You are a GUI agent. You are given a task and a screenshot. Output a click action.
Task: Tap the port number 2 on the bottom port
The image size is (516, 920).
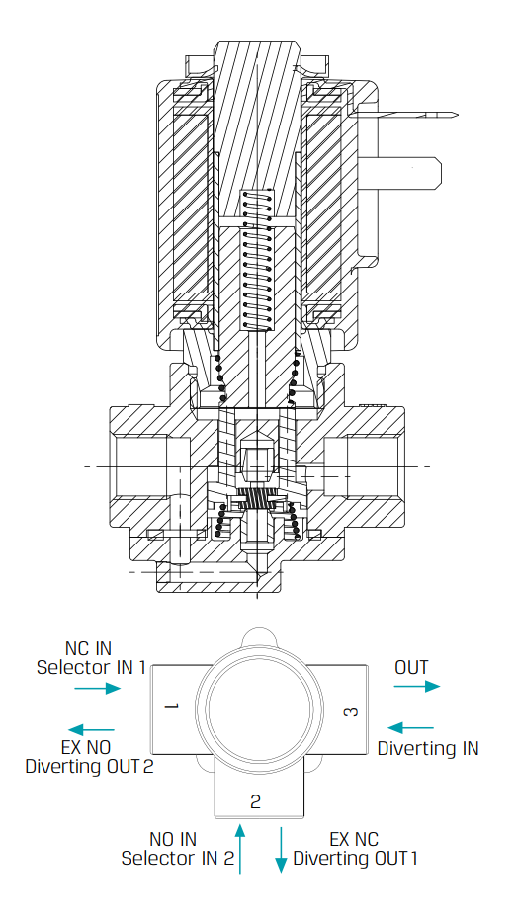pos(255,801)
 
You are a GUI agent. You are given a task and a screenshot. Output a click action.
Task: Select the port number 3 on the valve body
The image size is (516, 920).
pos(351,711)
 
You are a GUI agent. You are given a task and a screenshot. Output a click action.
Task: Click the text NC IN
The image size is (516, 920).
pos(88,648)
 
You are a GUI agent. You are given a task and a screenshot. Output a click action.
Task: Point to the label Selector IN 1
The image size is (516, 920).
pos(91,667)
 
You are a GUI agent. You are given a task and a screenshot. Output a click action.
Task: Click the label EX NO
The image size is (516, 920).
pos(86,747)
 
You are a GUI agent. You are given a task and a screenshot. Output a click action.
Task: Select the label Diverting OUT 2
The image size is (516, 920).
pos(89,766)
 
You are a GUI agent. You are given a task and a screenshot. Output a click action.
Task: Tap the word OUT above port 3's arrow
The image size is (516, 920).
pos(411,667)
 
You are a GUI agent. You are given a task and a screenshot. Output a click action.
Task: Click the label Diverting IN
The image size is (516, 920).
pos(428,748)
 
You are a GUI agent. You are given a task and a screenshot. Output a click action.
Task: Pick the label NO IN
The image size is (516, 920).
pos(173,839)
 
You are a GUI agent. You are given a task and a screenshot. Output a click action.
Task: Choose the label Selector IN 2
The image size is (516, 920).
pos(177,858)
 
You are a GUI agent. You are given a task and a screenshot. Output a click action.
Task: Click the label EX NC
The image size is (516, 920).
pos(354,839)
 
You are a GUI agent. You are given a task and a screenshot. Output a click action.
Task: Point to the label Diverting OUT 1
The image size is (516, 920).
pos(355,858)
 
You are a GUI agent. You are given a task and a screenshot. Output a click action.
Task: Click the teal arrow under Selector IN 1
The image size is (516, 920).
pos(98,688)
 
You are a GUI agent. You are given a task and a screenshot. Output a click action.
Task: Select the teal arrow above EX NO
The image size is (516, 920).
pos(91,730)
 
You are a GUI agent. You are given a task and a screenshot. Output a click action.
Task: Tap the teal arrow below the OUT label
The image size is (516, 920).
pos(417,687)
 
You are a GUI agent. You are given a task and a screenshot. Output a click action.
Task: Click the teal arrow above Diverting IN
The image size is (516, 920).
pos(411,728)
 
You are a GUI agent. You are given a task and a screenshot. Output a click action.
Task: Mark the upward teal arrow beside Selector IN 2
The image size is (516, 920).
pos(239,849)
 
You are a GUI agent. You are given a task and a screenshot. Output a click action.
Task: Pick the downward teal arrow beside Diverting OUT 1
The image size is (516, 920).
pos(281,850)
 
